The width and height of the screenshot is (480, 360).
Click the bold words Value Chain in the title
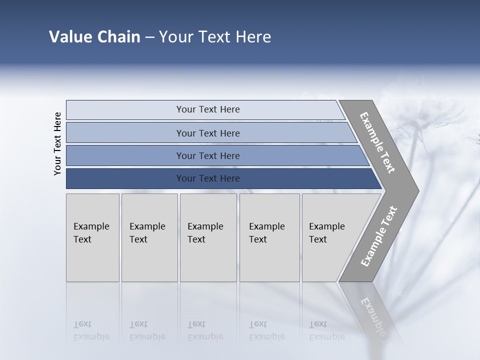(94, 37)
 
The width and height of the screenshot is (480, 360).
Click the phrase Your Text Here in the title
(215, 37)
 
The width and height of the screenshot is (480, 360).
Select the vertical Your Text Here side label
(57, 143)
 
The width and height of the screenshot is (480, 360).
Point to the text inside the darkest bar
(208, 178)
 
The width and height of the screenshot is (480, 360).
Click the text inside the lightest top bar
(208, 109)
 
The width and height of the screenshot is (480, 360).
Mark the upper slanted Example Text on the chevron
(377, 142)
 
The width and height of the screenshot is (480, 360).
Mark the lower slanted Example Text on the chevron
(378, 236)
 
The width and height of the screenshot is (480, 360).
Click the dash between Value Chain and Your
(149, 37)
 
